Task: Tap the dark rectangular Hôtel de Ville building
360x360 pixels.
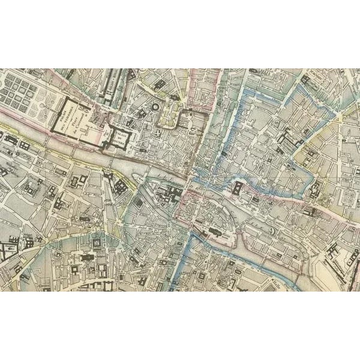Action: click(239, 190)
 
